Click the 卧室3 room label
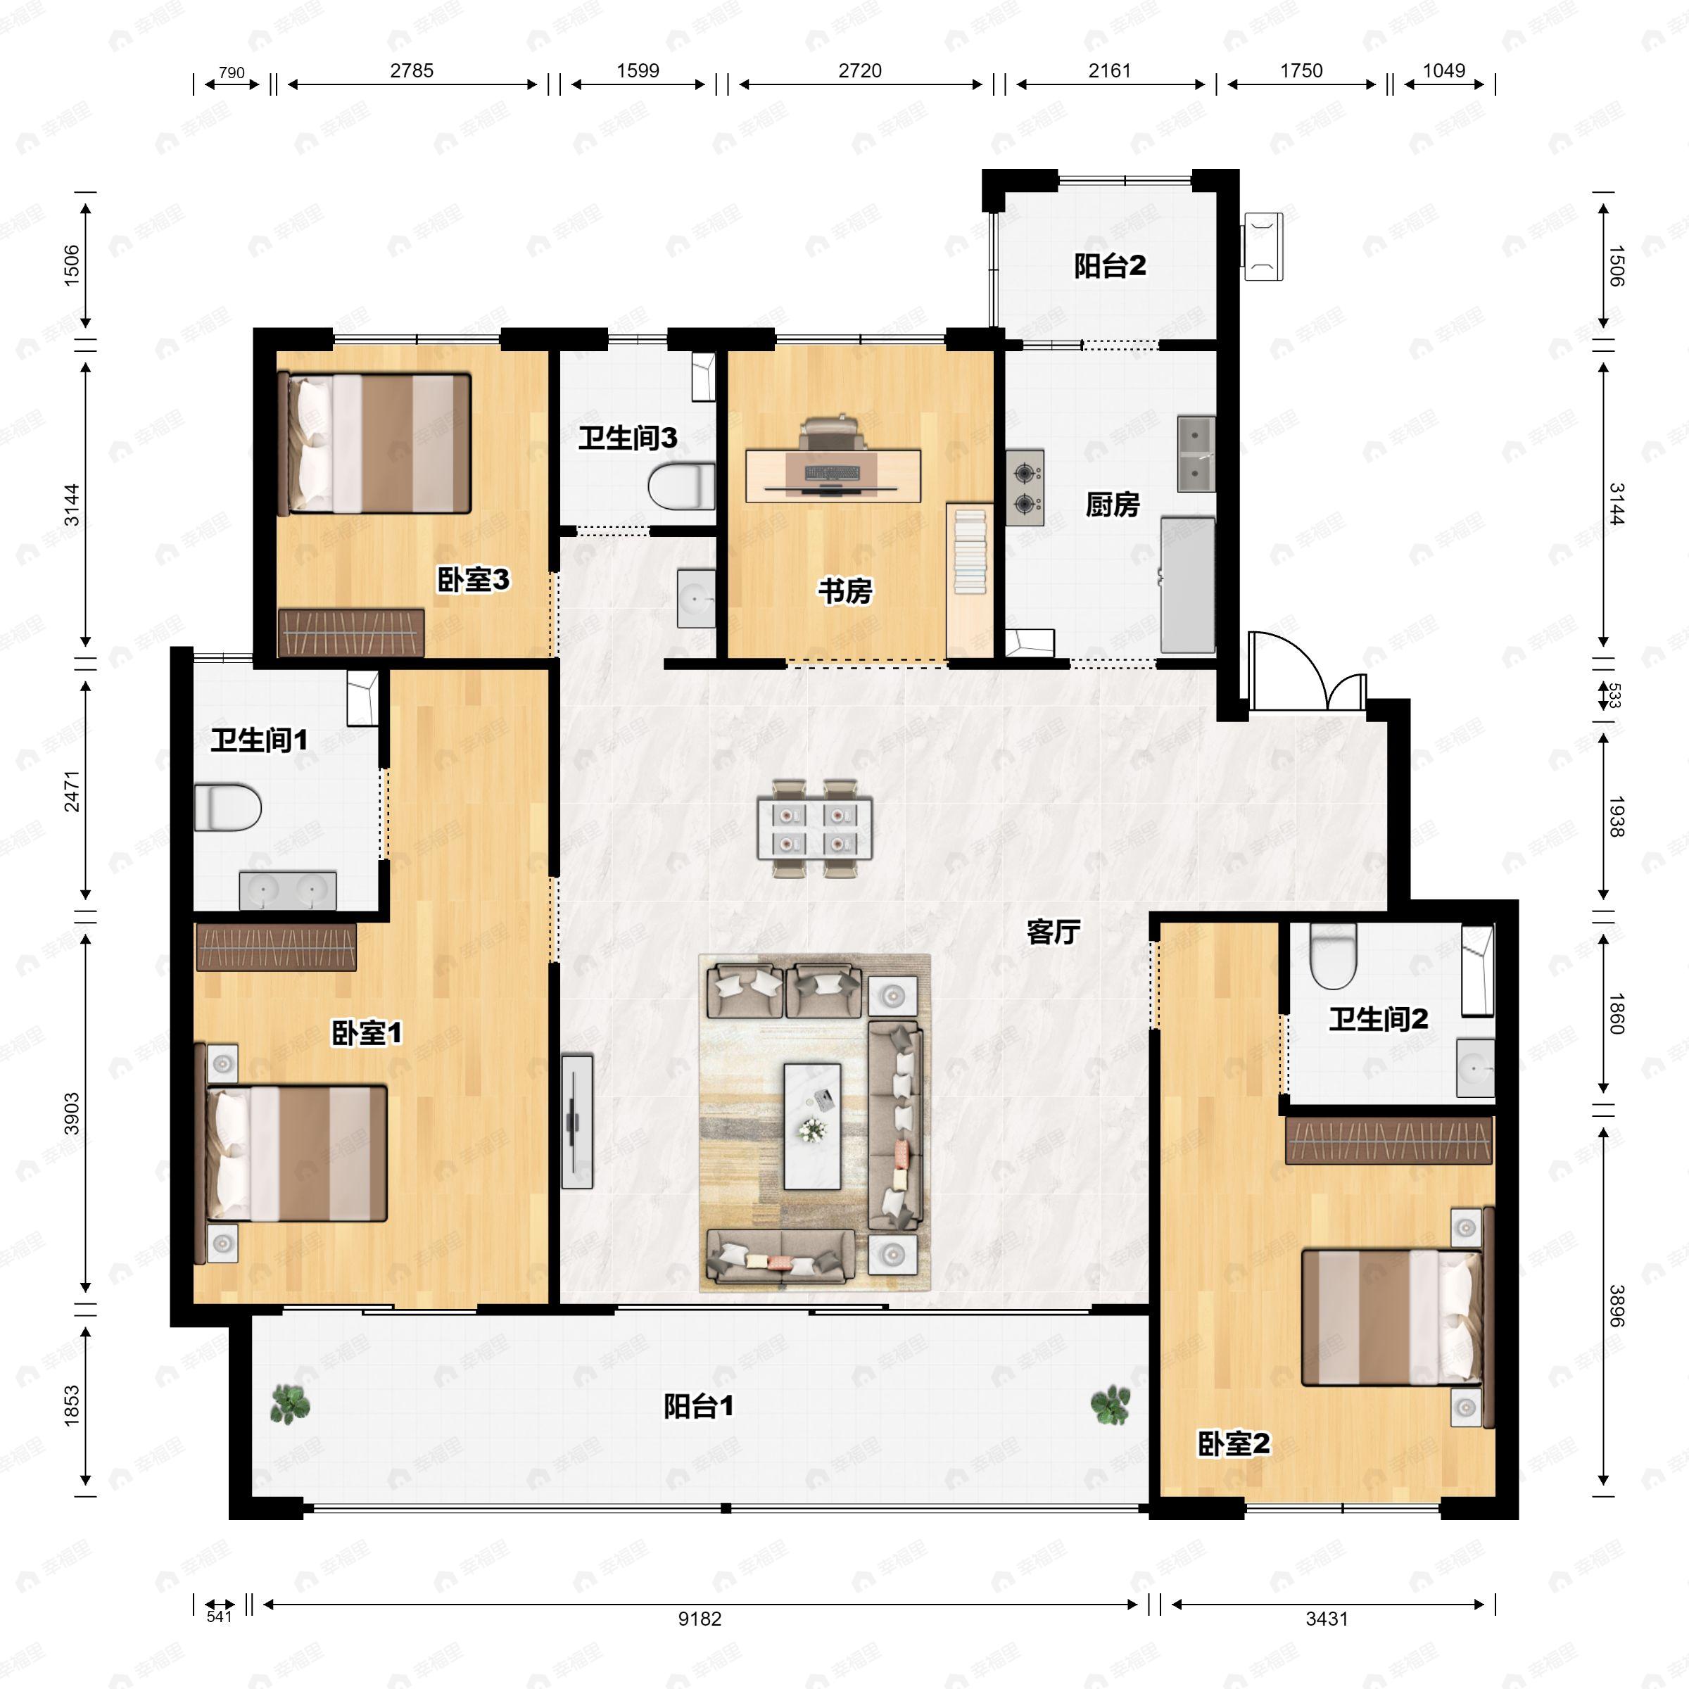tap(473, 580)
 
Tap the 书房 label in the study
tap(844, 592)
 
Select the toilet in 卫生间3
tap(682, 486)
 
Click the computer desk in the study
tap(833, 475)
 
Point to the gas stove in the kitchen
tap(1025, 488)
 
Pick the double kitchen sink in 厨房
tap(1195, 454)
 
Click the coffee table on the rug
tap(812, 1126)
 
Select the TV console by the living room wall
tap(577, 1122)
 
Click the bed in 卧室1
tap(297, 1153)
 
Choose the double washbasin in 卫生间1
tap(288, 890)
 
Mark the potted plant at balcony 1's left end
tap(289, 1405)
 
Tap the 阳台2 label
tap(1109, 266)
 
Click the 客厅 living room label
tap(1053, 932)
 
